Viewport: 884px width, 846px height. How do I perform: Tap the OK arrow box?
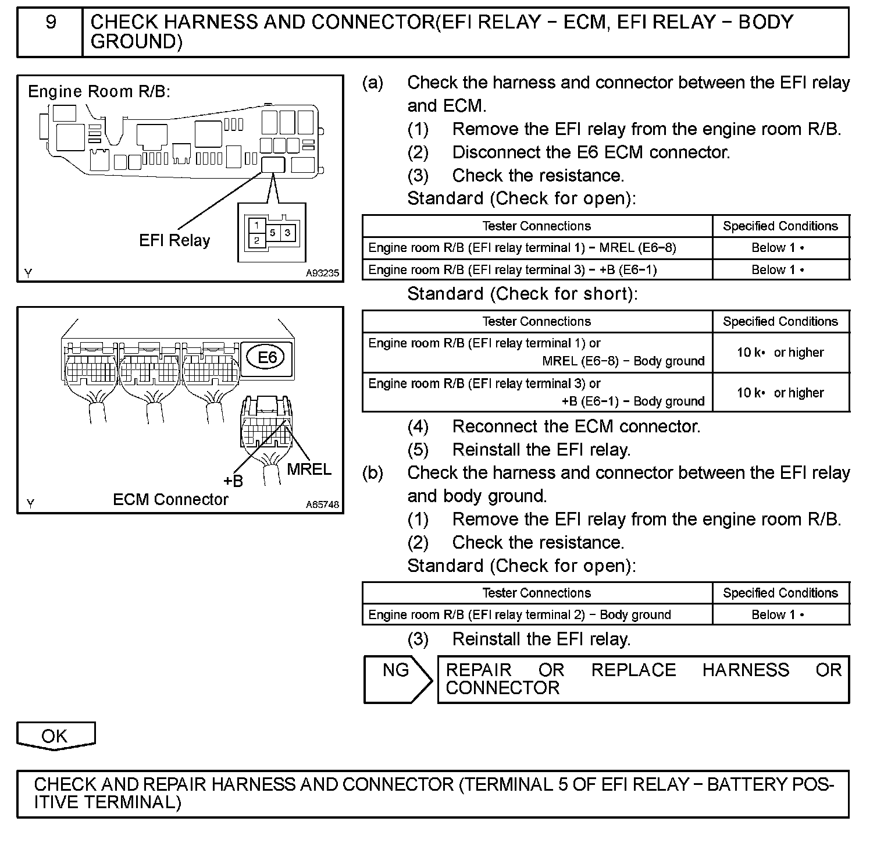click(55, 735)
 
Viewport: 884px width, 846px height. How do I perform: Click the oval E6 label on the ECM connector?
click(267, 357)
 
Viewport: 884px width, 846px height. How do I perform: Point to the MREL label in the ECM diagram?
click(308, 469)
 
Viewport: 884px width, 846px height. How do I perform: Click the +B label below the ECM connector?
click(233, 481)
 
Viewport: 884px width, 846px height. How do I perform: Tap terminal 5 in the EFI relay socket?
click(273, 233)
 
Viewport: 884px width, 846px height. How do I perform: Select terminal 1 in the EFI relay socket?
click(256, 225)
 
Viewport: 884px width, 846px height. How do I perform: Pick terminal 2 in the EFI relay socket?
click(256, 240)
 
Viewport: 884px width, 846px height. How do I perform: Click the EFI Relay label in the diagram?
click(174, 240)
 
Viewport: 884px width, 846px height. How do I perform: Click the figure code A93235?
click(322, 273)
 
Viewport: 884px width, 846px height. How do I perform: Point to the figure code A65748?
click(322, 504)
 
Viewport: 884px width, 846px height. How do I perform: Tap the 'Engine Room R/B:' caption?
click(99, 91)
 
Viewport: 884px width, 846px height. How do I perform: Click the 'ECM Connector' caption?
click(170, 499)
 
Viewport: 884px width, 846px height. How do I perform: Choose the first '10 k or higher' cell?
click(780, 352)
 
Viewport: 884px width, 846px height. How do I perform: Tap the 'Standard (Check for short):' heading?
click(522, 294)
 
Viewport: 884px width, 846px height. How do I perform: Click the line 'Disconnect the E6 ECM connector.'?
click(591, 152)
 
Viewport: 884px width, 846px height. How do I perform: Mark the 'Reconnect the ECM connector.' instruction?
click(576, 426)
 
